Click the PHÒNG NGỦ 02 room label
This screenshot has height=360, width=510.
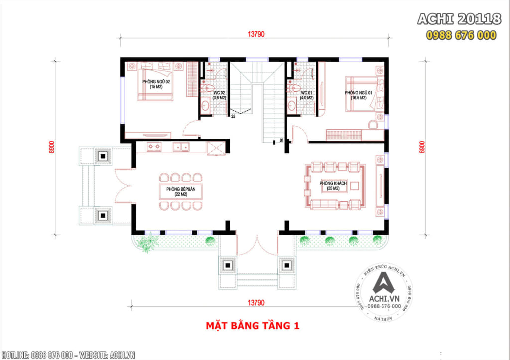[156, 84]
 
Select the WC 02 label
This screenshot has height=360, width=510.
[219, 95]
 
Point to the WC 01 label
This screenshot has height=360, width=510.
[307, 95]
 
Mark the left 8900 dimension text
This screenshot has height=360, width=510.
[51, 147]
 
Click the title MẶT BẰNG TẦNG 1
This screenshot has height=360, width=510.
[253, 326]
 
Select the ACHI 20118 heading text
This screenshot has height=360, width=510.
[459, 19]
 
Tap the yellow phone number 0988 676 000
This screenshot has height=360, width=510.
[461, 35]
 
